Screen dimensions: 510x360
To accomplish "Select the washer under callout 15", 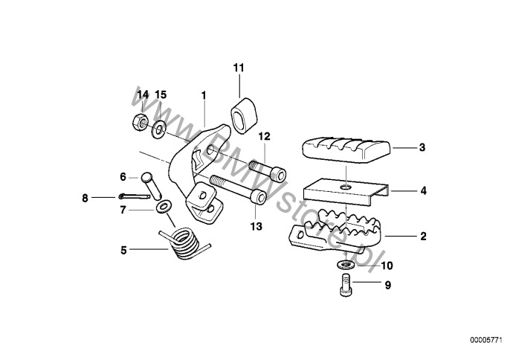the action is coord(159,130).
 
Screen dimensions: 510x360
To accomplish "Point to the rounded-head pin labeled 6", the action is coord(151,185).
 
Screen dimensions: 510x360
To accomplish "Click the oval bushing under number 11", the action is coord(244,116).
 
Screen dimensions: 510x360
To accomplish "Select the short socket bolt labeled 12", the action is coord(268,170).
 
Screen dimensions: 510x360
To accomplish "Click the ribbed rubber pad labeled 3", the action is coord(346,150).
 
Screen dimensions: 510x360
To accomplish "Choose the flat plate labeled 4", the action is coord(346,192).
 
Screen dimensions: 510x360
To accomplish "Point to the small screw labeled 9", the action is coord(346,285).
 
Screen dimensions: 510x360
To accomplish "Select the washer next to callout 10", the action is coord(346,264).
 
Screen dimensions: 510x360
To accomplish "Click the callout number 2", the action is coord(423,236).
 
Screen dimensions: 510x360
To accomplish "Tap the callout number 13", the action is coord(256,226).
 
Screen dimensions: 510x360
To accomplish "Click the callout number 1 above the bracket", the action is coord(204,95).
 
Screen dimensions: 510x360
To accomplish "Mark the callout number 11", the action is coord(239,68).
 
